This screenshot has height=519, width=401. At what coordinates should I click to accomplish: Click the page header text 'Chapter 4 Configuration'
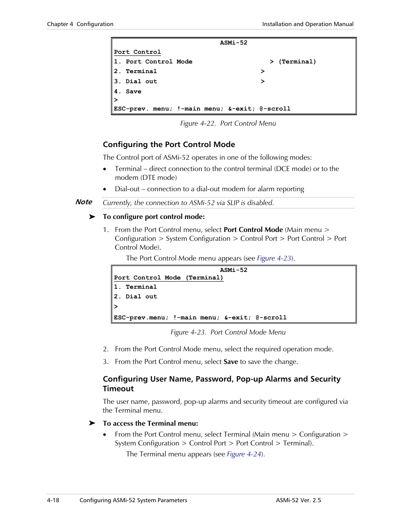(80, 24)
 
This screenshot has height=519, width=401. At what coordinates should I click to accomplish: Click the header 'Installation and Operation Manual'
(308, 24)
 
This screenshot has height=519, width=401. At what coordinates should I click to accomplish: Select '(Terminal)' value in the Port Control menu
(297, 62)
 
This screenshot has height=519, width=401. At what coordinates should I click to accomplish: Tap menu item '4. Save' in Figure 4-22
(128, 92)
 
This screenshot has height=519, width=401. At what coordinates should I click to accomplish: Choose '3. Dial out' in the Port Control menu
(135, 82)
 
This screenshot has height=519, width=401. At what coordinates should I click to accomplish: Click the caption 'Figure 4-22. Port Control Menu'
(228, 123)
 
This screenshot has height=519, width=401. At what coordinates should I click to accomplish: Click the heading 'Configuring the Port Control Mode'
(169, 145)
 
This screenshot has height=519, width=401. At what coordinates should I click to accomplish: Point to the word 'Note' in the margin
(84, 202)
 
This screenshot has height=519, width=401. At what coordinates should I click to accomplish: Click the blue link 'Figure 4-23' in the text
(274, 258)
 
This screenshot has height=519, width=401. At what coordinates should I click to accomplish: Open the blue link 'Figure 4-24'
(244, 454)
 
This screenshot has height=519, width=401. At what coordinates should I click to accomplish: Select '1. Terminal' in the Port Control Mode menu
(135, 287)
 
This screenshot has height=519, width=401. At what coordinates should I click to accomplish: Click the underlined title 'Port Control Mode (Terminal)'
(169, 278)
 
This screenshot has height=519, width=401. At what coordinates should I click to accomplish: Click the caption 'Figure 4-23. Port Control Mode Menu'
(228, 332)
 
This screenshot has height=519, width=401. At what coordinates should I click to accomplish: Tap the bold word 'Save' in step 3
(231, 362)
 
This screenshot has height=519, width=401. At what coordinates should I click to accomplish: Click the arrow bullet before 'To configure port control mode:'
(92, 217)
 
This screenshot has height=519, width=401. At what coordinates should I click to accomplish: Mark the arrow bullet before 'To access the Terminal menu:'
(92, 423)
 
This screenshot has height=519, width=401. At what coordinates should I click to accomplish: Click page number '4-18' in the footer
(53, 500)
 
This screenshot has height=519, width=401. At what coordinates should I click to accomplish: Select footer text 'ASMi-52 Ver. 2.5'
(298, 500)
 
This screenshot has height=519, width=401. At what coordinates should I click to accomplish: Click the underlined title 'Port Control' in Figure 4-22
(137, 52)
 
